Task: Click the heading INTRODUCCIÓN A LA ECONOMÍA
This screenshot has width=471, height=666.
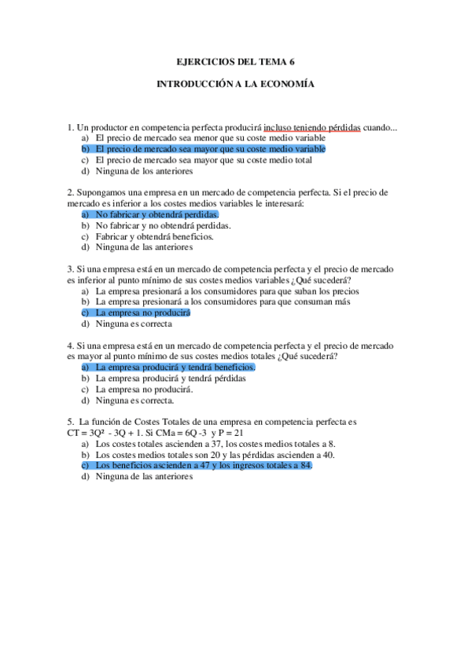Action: (235, 83)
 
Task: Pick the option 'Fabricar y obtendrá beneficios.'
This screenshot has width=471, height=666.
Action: (154, 236)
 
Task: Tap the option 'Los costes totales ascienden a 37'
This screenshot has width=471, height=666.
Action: (157, 444)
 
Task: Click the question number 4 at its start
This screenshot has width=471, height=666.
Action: (71, 345)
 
